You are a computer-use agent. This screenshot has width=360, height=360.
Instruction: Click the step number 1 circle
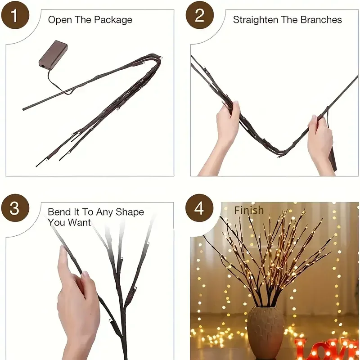point(15,15)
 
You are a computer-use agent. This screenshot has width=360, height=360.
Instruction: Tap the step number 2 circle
point(200,15)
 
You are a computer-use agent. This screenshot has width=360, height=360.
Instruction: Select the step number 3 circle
point(15,208)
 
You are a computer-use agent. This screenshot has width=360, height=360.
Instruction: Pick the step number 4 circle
point(199,208)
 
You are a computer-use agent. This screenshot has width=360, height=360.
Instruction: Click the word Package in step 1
point(113,20)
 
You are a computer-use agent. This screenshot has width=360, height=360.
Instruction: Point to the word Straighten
point(256,20)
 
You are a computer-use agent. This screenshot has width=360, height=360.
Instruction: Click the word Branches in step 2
point(321,20)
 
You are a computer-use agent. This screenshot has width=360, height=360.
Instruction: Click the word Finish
point(249,210)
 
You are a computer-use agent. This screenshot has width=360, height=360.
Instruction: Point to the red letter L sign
point(302,350)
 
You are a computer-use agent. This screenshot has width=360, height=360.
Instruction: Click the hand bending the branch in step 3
point(78,306)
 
